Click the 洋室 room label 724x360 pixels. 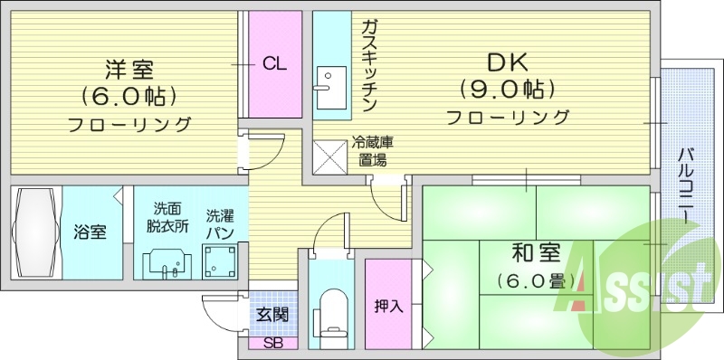click(128, 70)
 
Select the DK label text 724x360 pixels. click(507, 63)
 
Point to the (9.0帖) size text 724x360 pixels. click(507, 90)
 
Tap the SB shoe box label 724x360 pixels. click(271, 344)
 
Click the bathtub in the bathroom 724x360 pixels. click(33, 232)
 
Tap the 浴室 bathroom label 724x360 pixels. click(90, 232)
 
